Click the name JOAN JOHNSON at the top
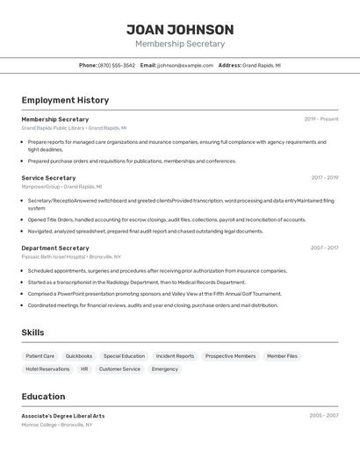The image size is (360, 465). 180,30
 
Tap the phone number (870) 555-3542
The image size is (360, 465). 117,65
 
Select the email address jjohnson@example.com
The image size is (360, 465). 185,65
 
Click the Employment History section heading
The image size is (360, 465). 65,101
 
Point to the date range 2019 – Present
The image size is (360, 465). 320,119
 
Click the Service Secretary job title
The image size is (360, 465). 48,178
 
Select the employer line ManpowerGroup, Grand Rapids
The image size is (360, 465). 61,187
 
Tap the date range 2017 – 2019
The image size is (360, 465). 324,178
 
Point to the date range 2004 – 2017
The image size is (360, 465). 324,248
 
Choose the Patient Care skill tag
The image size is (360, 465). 40,356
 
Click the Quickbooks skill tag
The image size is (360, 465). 79,356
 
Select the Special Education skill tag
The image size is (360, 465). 124,356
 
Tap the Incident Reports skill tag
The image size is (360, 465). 175,356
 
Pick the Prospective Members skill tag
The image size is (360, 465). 230,356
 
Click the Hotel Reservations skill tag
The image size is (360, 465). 47,369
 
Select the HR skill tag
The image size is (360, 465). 84,369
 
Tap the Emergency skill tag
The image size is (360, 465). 164,369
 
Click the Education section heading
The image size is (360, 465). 43,397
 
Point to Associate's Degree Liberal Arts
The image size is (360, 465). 63,416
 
